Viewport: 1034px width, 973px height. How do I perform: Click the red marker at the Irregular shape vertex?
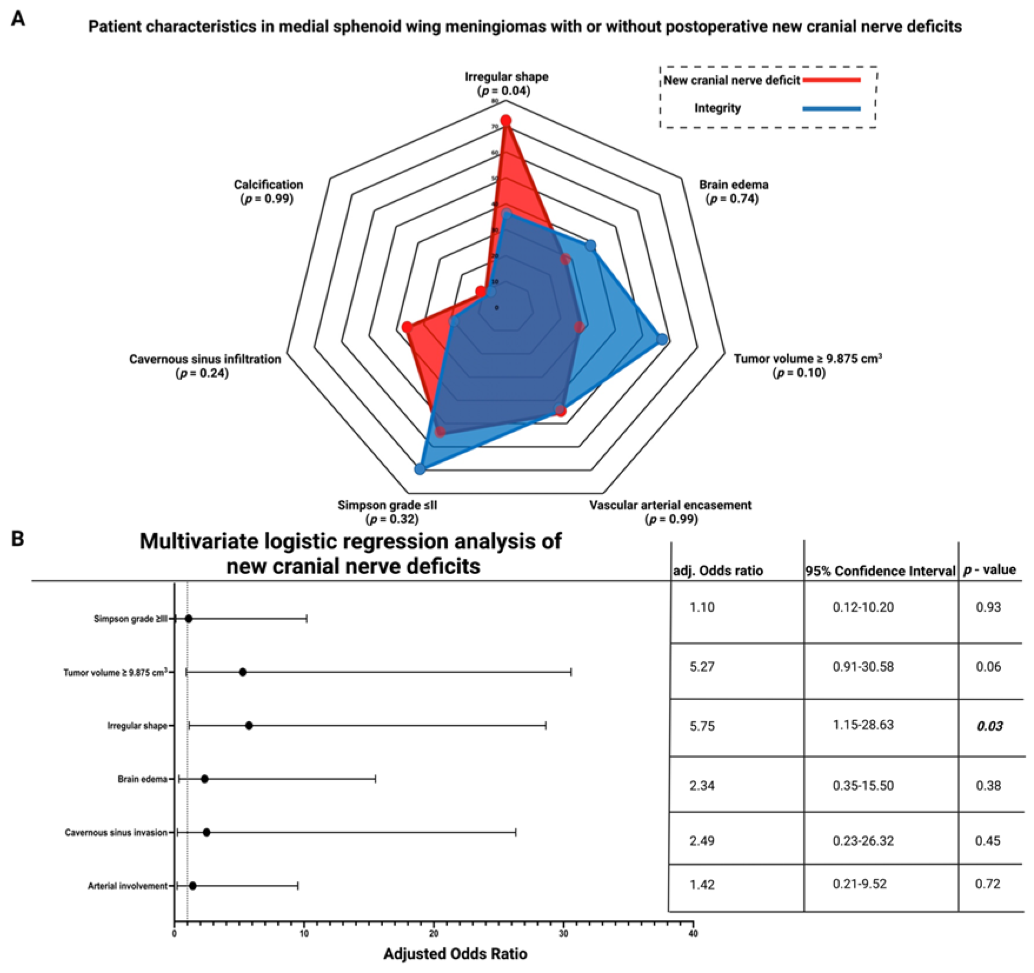pos(506,121)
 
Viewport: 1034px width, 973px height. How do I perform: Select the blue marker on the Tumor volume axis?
pos(662,339)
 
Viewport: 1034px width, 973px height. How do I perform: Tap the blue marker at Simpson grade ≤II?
pos(420,469)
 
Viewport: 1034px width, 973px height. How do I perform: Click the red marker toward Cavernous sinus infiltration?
pos(407,327)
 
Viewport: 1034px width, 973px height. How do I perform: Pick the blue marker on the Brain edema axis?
pos(590,245)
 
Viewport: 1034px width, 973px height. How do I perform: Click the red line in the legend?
pos(832,80)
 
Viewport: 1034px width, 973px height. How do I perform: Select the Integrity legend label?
pos(717,108)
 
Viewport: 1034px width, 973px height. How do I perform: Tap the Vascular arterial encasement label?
pos(670,505)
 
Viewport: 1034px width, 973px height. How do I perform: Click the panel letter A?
pos(18,19)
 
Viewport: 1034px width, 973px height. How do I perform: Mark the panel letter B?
pos(18,538)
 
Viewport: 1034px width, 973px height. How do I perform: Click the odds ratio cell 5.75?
pos(702,726)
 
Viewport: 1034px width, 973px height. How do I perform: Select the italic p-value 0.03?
pos(989,726)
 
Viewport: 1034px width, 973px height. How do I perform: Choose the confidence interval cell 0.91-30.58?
pos(863,667)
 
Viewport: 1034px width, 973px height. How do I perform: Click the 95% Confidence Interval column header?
pos(880,571)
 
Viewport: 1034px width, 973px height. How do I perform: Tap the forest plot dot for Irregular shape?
pos(249,725)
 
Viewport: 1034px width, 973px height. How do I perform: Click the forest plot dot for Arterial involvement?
pos(192,885)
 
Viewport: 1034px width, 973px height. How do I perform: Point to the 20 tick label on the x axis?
pos(434,934)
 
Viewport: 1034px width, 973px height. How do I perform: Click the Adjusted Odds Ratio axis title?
pos(455,954)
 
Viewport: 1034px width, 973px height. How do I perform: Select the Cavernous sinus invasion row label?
pos(116,832)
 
